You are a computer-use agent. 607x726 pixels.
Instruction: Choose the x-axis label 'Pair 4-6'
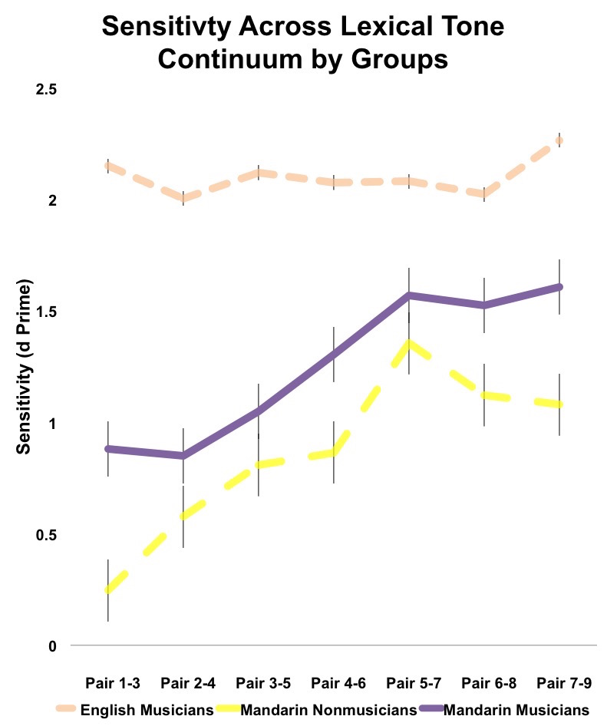coord(334,682)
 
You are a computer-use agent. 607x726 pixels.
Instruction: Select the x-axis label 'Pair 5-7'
coord(409,682)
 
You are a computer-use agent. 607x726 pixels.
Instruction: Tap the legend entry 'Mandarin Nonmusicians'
coord(329,709)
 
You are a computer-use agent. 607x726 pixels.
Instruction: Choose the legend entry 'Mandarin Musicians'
coord(516,709)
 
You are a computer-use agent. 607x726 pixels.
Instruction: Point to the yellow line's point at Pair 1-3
coord(108,589)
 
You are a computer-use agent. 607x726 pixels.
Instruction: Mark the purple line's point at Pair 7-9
coord(560,287)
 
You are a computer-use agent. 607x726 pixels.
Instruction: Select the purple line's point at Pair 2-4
coord(183,456)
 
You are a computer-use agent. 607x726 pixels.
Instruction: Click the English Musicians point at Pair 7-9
coord(560,140)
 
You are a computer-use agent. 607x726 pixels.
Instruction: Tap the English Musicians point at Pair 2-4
coord(183,199)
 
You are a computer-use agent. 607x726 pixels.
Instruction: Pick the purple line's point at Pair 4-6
coord(334,354)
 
